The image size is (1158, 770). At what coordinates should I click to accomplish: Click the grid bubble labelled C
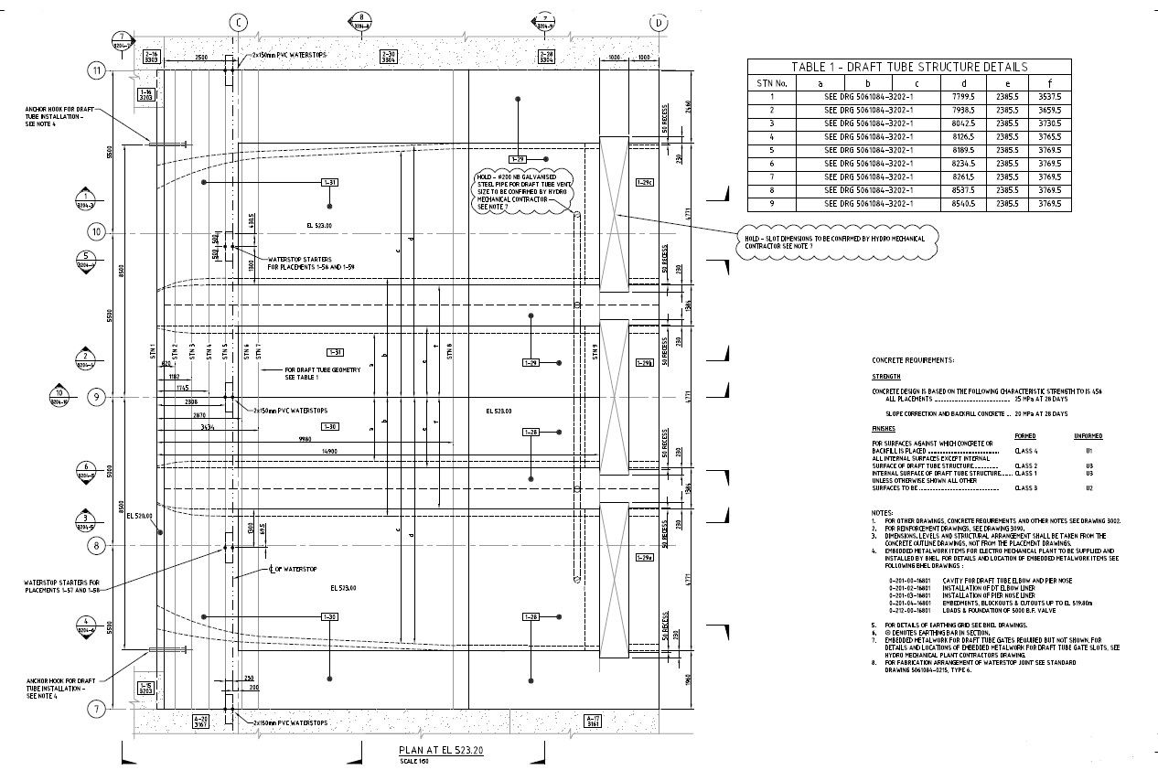[238, 22]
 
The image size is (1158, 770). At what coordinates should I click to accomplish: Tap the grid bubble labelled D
[659, 22]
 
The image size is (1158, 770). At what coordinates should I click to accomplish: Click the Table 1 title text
[909, 67]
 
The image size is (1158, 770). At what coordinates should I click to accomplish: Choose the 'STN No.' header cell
[771, 81]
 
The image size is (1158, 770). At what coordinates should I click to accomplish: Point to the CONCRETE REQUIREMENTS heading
[912, 360]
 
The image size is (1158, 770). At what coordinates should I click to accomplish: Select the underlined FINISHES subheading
[885, 428]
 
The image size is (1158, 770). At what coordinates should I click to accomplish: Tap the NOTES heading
[882, 512]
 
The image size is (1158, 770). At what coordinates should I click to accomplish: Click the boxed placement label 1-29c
[644, 183]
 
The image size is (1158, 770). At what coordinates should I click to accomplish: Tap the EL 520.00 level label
[139, 517]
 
